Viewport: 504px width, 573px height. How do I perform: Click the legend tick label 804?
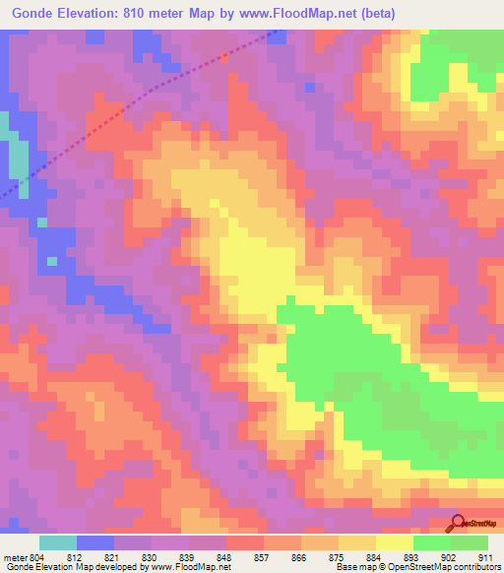(37, 556)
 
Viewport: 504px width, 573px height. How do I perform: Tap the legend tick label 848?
(225, 556)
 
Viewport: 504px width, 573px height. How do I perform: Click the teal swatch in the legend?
(57, 542)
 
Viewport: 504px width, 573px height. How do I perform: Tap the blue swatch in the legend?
(94, 542)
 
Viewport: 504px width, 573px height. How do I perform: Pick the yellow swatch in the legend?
(395, 542)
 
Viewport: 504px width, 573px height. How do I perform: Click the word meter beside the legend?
(14, 556)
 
